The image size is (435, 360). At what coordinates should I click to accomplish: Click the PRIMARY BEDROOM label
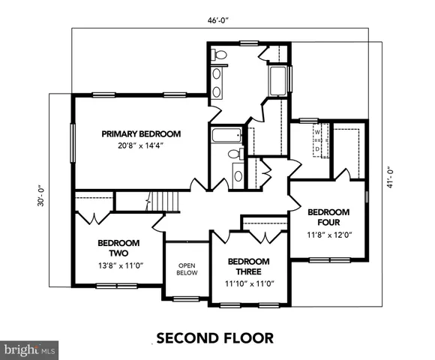pos(142,133)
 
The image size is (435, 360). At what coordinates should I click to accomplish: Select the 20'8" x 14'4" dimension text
pos(142,145)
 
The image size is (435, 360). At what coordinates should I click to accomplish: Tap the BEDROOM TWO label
pos(115,248)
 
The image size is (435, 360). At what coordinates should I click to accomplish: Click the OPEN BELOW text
pos(187,269)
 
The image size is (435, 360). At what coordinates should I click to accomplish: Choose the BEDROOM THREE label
pos(248,266)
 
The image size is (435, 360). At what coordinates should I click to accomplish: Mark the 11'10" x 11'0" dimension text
pos(248,283)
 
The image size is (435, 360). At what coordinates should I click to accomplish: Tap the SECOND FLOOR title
pos(214,337)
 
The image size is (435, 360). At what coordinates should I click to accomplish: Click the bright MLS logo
pos(30,349)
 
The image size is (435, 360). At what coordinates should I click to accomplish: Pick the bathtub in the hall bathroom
pos(224,136)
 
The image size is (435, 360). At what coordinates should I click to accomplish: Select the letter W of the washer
pos(317,133)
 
